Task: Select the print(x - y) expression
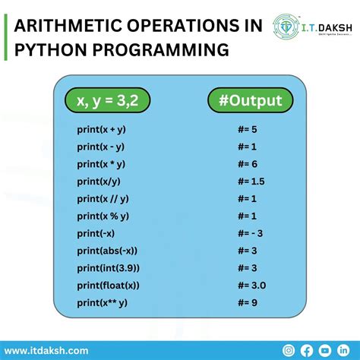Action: pos(99,147)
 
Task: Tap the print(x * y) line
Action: pos(99,164)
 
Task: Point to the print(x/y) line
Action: pos(97,182)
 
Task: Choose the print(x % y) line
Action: pos(101,216)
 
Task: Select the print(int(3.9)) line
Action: pos(107,269)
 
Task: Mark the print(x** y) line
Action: pos(101,304)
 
